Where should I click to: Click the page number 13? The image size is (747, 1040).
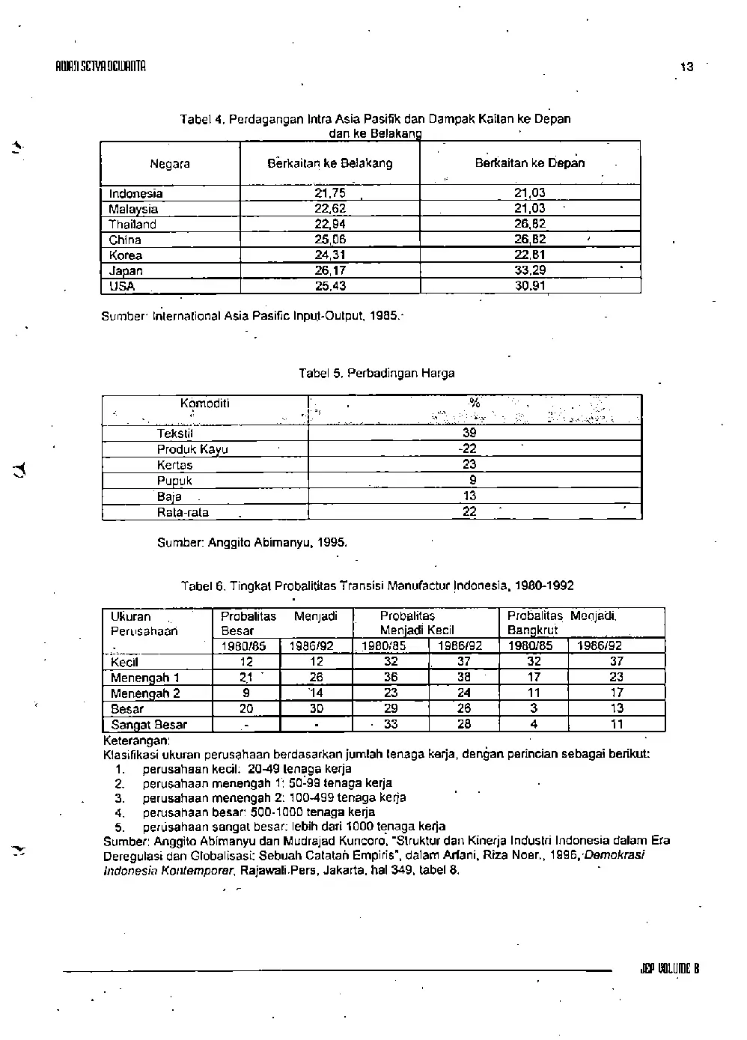point(686,67)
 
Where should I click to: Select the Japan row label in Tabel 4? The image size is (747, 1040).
point(126,271)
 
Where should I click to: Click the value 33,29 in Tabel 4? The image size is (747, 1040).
point(530,270)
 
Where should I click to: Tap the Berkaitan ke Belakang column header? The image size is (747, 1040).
point(330,163)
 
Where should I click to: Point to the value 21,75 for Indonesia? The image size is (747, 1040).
point(330,193)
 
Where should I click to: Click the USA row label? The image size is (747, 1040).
point(121,286)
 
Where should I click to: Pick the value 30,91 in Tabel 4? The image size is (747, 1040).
point(530,286)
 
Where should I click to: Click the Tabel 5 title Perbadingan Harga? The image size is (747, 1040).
point(376,373)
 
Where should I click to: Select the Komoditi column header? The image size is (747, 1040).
point(204,404)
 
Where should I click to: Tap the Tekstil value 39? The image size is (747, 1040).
point(469,433)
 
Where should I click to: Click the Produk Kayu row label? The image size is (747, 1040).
point(192,449)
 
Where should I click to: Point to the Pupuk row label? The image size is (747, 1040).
point(174,481)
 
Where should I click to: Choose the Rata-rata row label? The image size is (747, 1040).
point(183,513)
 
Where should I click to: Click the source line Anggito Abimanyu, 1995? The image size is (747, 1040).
point(252,542)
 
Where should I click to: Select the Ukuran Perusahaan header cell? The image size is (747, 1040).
point(144,624)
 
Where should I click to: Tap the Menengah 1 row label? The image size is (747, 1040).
point(145,678)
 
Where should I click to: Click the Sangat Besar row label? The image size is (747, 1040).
point(149,725)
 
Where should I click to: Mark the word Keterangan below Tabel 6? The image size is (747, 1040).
point(137,739)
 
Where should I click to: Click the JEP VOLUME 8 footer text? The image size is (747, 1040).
point(669,968)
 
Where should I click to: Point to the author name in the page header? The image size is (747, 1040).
point(94,66)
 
